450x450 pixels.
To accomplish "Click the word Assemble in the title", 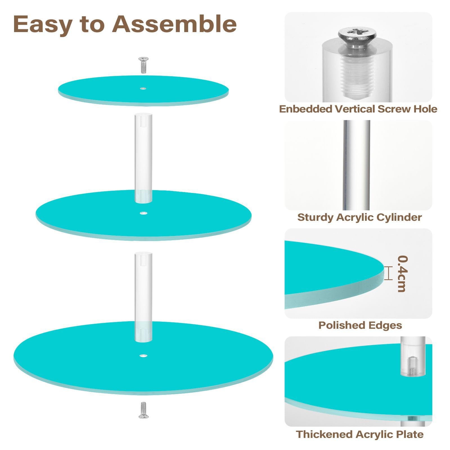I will coord(174,24).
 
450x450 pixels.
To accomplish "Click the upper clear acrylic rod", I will coord(143,157).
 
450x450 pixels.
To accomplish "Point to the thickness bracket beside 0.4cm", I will coord(388,273).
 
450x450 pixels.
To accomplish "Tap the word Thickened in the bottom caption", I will coord(324,434).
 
